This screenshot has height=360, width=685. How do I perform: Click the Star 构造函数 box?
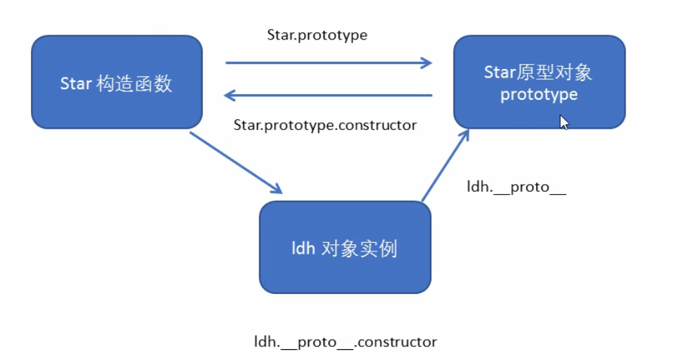click(x=116, y=83)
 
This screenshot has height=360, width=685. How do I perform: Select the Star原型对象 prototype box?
click(x=539, y=83)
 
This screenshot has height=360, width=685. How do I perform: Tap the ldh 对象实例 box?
click(x=345, y=248)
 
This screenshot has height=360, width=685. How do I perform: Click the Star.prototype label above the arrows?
click(x=317, y=34)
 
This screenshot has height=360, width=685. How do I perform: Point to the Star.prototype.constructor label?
click(x=325, y=125)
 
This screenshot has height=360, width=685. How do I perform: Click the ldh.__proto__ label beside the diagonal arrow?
click(x=517, y=188)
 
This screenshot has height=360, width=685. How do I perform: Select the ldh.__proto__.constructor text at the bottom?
click(x=345, y=341)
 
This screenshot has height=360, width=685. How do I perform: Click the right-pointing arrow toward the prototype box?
click(x=328, y=63)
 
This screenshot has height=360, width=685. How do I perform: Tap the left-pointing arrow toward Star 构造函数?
click(x=328, y=95)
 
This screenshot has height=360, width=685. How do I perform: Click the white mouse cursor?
click(x=564, y=122)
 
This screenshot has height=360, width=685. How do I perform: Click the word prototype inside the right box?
click(x=539, y=95)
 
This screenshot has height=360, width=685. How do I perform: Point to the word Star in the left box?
click(x=75, y=83)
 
